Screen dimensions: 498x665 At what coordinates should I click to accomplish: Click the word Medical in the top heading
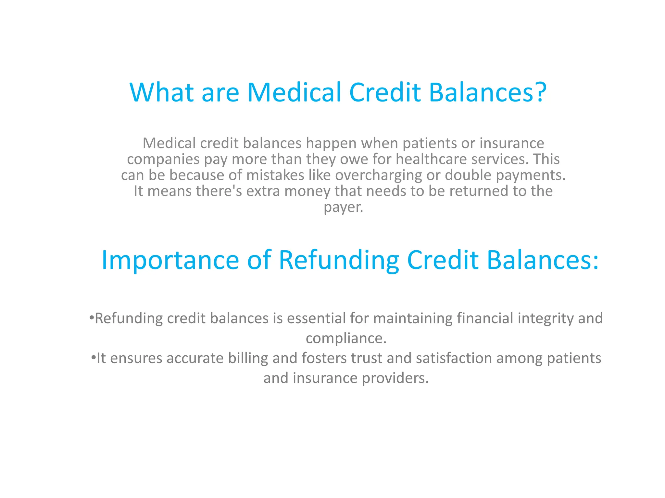pos(294,92)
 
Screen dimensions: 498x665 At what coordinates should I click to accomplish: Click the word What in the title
pos(161,92)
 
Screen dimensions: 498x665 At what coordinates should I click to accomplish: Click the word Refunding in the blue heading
pos(339,260)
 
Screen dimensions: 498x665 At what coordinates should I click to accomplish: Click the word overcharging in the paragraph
pos(378,175)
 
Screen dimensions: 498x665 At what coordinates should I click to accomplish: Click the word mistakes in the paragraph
pos(275,175)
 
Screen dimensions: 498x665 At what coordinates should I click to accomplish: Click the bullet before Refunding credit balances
pos(91,318)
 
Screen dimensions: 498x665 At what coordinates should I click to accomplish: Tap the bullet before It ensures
pos(93,358)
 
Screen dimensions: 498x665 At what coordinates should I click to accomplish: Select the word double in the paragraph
pos(468,175)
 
